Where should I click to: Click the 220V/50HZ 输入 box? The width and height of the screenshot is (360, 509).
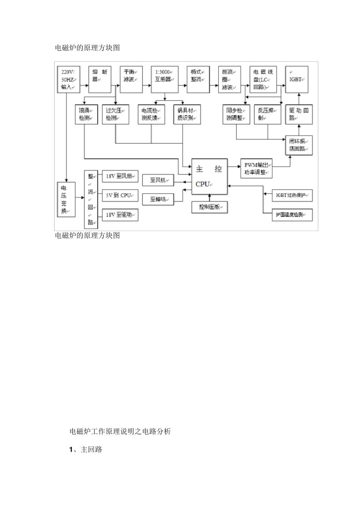[68, 80]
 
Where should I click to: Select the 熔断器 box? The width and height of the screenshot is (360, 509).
[100, 80]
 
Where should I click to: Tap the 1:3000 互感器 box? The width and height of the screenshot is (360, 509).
[164, 80]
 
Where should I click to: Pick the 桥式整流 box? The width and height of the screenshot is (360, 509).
[198, 80]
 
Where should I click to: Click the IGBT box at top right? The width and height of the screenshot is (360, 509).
[297, 80]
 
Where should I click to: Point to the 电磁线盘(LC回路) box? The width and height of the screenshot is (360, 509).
[263, 80]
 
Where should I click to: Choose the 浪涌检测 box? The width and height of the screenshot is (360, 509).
[86, 114]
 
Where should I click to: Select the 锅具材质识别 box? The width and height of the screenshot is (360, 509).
[187, 114]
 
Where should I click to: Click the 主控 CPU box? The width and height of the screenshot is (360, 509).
[210, 176]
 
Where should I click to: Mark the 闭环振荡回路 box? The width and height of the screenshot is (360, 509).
[299, 145]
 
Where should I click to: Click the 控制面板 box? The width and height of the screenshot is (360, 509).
[210, 207]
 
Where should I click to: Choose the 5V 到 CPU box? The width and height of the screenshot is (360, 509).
[120, 195]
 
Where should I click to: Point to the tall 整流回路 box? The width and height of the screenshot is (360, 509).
[91, 199]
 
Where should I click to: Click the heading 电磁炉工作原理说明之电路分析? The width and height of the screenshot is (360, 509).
[120, 431]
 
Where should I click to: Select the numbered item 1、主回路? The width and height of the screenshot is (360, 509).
[86, 450]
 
